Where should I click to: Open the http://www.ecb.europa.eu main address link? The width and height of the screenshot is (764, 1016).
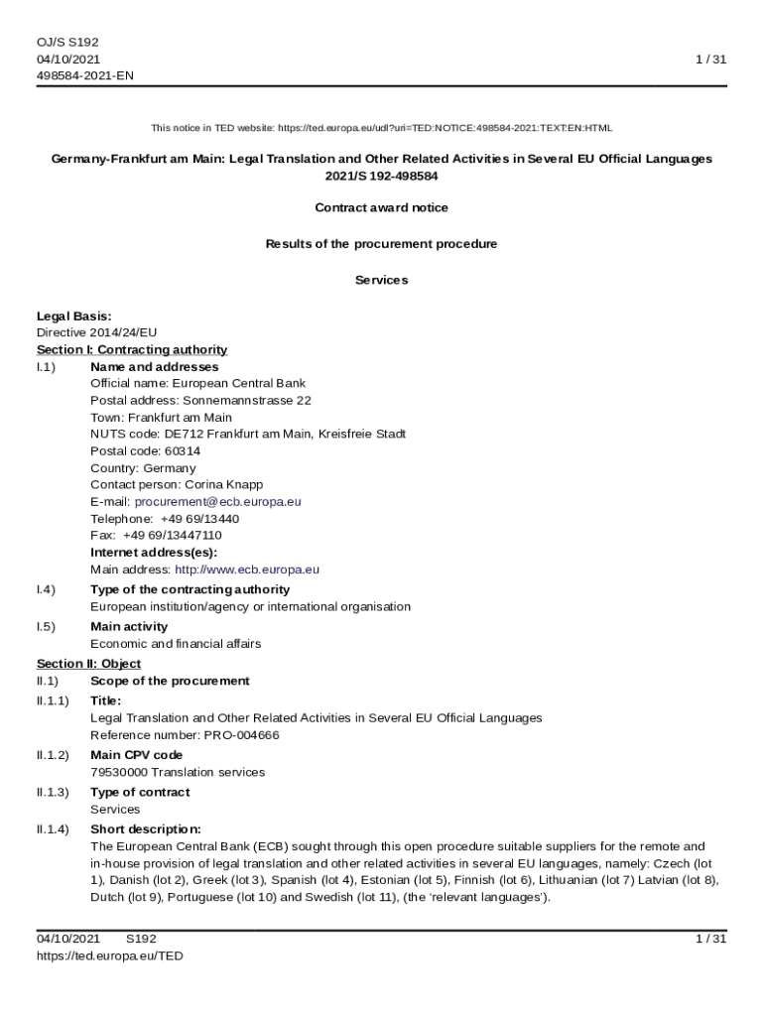tap(247, 570)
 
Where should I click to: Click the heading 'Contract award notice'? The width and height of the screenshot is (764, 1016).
tap(381, 207)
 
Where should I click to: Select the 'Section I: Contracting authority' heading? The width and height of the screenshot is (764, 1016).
tap(132, 349)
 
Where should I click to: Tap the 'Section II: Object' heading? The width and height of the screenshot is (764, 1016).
tap(88, 663)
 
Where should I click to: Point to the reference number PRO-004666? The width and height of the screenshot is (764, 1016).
tap(241, 735)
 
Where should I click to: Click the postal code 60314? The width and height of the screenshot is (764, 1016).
tap(182, 451)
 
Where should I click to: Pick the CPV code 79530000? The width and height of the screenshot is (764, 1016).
tap(118, 772)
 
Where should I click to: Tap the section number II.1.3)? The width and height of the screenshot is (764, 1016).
tap(53, 792)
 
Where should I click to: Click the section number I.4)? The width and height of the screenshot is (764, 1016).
tap(46, 589)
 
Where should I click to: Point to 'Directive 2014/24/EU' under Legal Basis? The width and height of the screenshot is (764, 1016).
tap(96, 332)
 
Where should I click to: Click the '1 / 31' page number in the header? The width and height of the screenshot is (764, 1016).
tap(711, 60)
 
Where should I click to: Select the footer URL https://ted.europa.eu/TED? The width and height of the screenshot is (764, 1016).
tap(110, 955)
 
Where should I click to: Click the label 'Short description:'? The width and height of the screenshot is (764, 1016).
tap(146, 828)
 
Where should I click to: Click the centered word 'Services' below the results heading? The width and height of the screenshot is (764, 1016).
tap(381, 280)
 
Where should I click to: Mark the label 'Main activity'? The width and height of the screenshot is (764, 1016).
tap(129, 626)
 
